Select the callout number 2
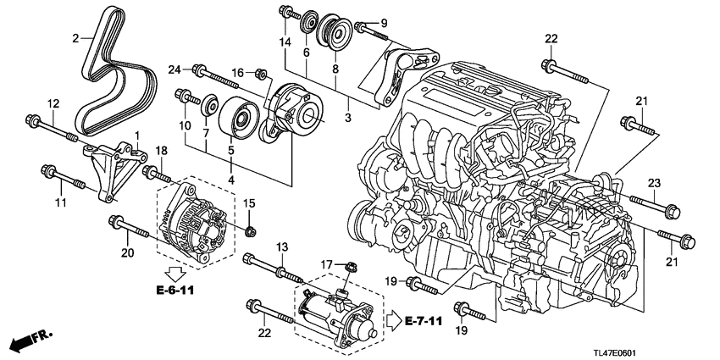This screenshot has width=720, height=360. point(75,37)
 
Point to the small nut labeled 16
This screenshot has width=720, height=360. point(263,74)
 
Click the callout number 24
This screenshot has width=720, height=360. point(175,69)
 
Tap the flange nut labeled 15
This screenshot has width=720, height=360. point(250,230)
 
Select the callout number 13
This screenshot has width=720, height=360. point(282,246)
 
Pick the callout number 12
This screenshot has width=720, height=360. point(53,103)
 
